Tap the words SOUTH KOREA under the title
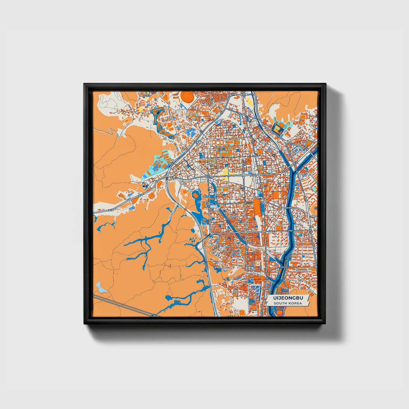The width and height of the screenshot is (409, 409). coord(287,303)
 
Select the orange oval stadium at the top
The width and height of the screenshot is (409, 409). coord(187,97)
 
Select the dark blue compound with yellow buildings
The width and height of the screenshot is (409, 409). coord(278,129)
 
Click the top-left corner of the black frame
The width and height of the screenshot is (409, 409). coord(84,84)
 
